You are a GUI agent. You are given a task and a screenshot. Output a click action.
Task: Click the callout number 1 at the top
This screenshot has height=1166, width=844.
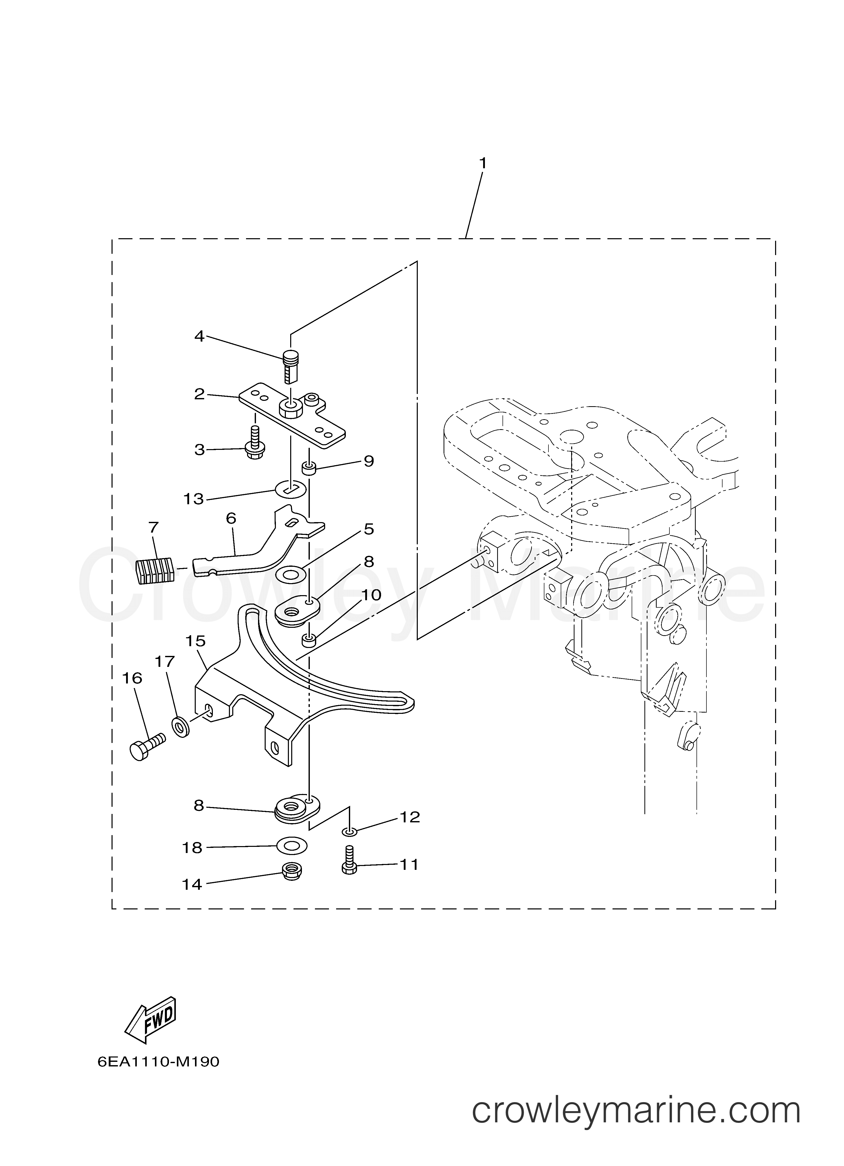(483, 163)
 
